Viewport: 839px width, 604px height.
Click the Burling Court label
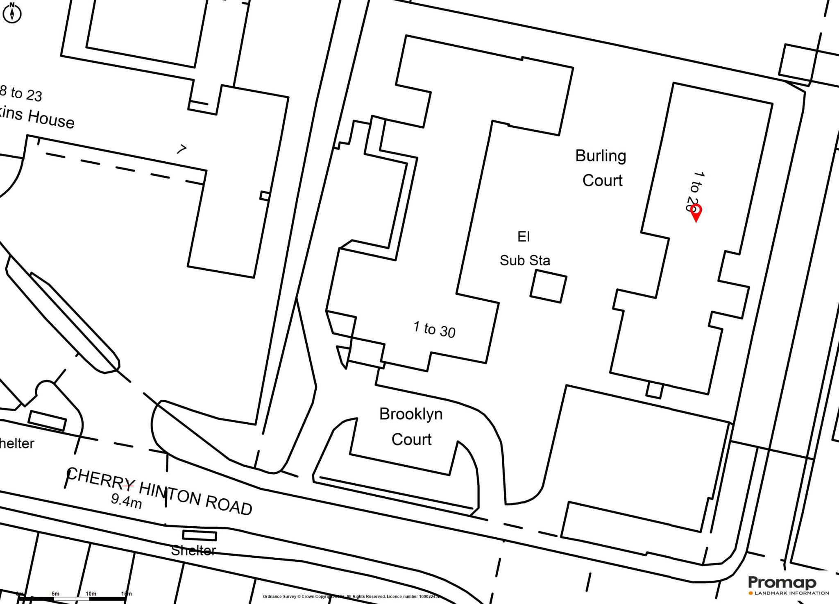click(x=601, y=168)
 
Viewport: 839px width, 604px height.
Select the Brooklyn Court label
click(x=411, y=427)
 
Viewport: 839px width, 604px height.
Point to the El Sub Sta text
click(x=524, y=249)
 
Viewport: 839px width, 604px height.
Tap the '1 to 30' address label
click(x=434, y=330)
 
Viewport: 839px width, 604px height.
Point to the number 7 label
click(x=181, y=149)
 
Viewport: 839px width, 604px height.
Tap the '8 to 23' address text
click(x=20, y=93)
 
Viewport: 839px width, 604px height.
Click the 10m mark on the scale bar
click(x=91, y=594)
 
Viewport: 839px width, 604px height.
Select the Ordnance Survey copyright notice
click(x=351, y=597)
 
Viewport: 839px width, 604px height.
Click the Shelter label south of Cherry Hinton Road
click(x=193, y=551)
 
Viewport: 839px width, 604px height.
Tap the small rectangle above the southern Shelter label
click(x=199, y=535)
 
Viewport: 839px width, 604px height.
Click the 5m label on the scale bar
click(x=55, y=594)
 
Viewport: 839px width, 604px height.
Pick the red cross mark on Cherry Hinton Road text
click(x=128, y=486)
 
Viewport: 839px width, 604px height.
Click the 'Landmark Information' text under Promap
click(x=791, y=593)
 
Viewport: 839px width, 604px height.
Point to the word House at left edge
click(x=51, y=119)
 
